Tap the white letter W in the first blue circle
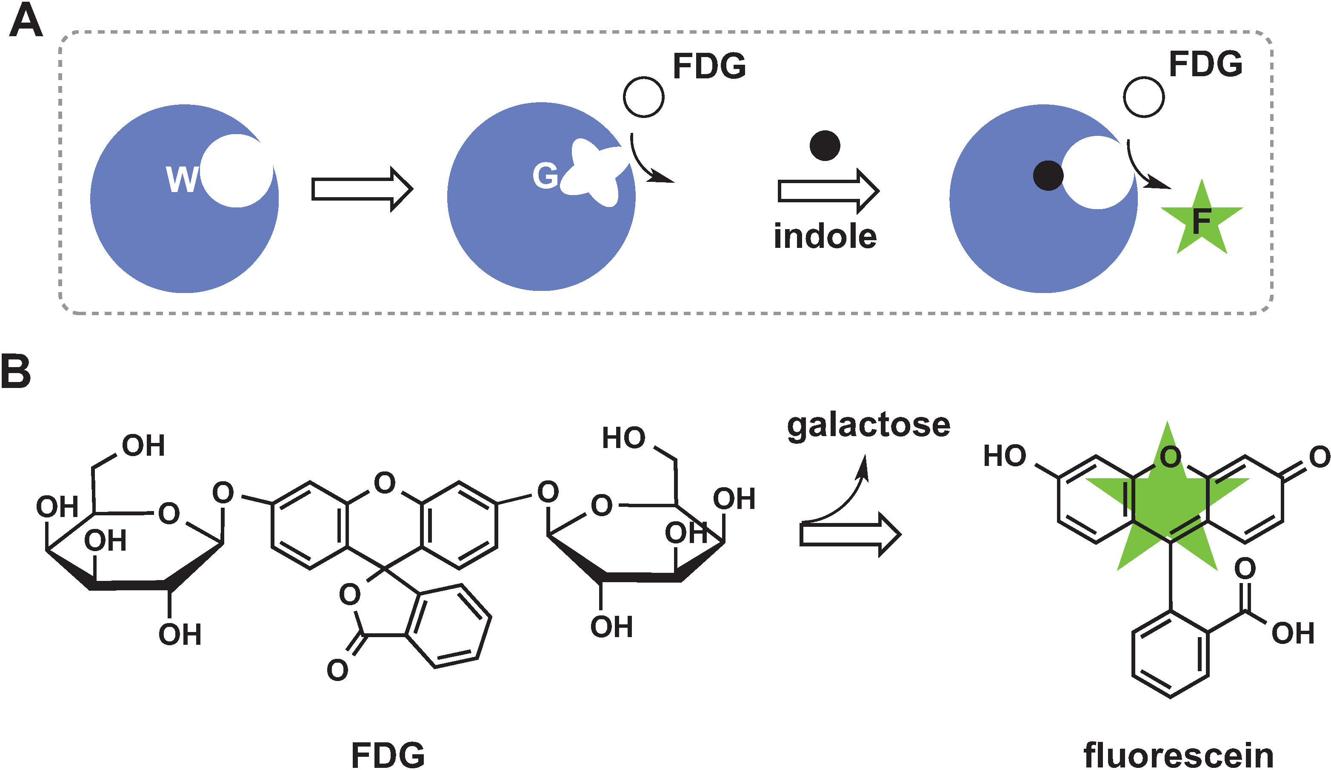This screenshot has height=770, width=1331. [x=182, y=179]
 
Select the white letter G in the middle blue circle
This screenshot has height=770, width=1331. [x=545, y=175]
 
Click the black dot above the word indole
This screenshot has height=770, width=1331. [x=825, y=145]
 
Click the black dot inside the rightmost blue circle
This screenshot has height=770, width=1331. [x=1048, y=175]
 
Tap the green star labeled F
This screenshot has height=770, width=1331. [x=1202, y=220]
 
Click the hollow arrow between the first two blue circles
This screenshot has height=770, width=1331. [x=361, y=189]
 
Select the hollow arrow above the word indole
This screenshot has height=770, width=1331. [x=828, y=191]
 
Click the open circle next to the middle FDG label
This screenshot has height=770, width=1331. [x=643, y=97]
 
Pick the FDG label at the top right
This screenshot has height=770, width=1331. [x=1205, y=64]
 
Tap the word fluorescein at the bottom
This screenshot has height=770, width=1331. [x=1178, y=755]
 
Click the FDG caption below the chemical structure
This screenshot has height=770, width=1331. [x=388, y=755]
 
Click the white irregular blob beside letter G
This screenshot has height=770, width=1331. [x=594, y=172]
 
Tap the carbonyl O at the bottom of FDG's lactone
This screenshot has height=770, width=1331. [x=337, y=670]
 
